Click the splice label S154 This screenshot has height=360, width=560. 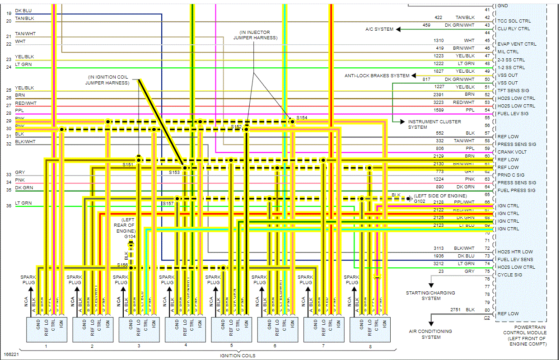click(x=302, y=117)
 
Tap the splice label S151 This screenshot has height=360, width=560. click(x=128, y=165)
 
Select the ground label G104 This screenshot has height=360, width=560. click(x=131, y=236)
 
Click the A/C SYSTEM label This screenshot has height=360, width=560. click(x=379, y=29)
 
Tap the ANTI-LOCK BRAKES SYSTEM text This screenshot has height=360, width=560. click(x=377, y=76)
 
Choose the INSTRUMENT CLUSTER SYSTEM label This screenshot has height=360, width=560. click(x=434, y=124)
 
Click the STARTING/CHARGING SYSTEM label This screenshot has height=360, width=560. click(x=431, y=295)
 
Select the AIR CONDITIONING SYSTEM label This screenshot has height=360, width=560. click(x=431, y=334)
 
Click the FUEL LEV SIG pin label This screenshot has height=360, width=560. click(x=513, y=113)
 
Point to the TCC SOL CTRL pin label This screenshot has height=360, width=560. click(x=514, y=21)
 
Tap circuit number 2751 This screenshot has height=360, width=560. click(x=456, y=309)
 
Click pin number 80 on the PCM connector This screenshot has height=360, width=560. click(x=487, y=310)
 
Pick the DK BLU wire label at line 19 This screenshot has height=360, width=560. click(x=23, y=10)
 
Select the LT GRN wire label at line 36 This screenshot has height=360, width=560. click(x=23, y=203)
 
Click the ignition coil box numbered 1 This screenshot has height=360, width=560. click(x=46, y=329)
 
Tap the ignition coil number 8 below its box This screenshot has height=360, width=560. click(x=370, y=346)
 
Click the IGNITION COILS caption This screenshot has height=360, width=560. click(x=238, y=355)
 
